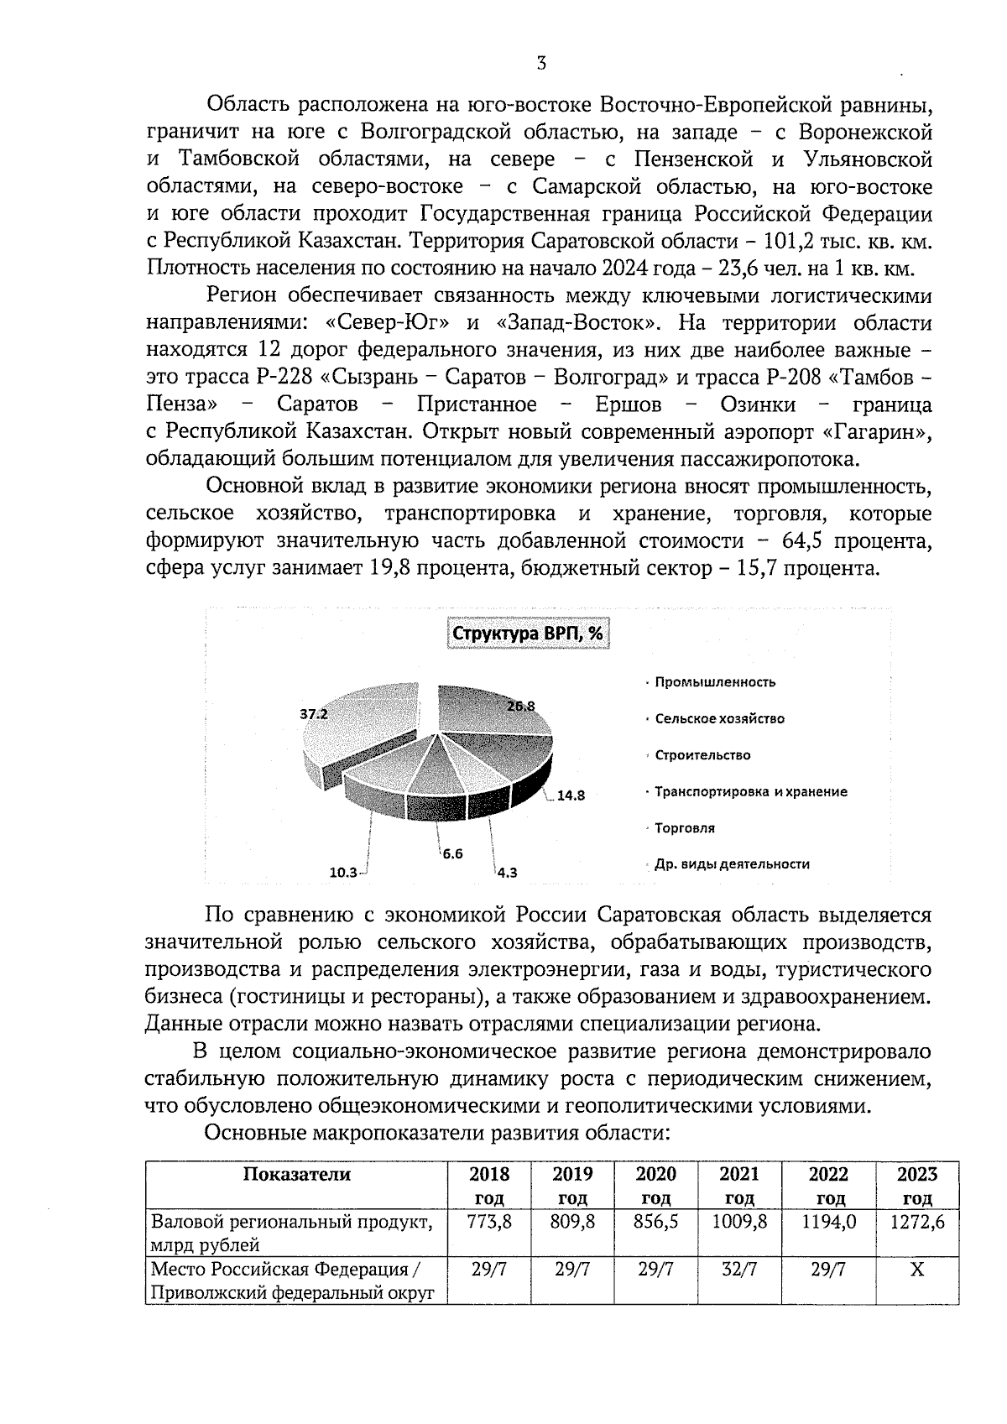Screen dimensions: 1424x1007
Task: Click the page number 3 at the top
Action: pyautogui.click(x=541, y=63)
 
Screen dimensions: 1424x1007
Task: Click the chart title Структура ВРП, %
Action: pyautogui.click(x=527, y=634)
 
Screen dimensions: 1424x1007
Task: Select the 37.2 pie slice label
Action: pyautogui.click(x=314, y=715)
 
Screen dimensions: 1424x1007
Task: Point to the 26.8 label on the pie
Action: pyautogui.click(x=520, y=707)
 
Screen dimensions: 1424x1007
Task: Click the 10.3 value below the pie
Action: pyautogui.click(x=343, y=872)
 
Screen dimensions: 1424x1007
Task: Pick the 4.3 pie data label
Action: pyautogui.click(x=507, y=872)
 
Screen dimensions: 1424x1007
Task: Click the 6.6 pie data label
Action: pyautogui.click(x=452, y=853)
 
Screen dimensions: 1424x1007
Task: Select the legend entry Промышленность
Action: pyautogui.click(x=715, y=682)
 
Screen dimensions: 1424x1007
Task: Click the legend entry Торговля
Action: pyautogui.click(x=685, y=828)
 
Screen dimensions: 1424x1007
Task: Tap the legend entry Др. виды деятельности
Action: pyautogui.click(x=732, y=864)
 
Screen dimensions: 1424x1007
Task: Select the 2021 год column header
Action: pyautogui.click(x=738, y=1185)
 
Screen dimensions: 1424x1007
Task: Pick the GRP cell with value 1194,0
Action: pyautogui.click(x=828, y=1223)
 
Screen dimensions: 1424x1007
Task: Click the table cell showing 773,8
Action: pyautogui.click(x=489, y=1223)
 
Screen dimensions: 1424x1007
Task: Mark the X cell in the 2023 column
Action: pyautogui.click(x=916, y=1270)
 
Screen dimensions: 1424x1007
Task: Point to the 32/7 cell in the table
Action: pyautogui.click(x=738, y=1270)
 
